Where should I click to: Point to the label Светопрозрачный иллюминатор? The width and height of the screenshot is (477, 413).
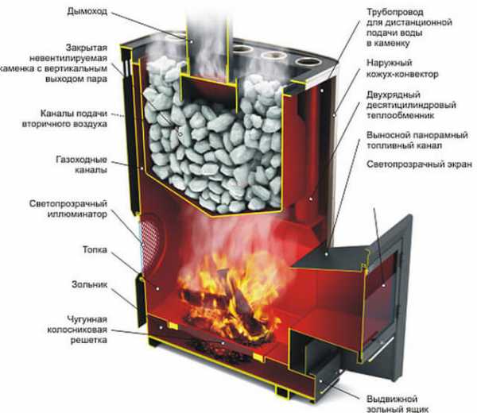pos(78,208)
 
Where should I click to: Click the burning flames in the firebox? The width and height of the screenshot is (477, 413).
pos(223,290)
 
